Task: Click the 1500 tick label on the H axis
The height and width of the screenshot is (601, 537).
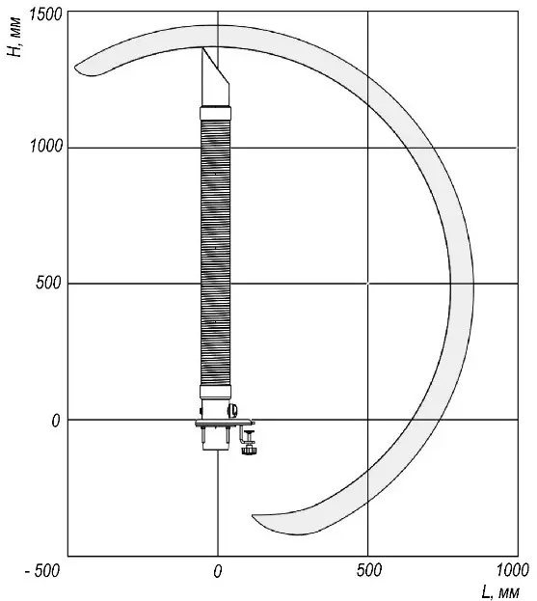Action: tap(45, 14)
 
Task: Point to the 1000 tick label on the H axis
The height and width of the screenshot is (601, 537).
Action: tap(45, 146)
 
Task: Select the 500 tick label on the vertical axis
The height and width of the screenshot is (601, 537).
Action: tap(48, 283)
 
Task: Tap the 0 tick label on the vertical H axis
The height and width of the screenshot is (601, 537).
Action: tap(56, 421)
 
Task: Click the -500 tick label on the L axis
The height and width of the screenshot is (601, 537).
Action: tap(42, 571)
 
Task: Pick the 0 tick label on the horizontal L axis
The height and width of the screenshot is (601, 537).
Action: tap(218, 571)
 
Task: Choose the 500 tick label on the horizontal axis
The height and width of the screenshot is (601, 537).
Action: tap(368, 570)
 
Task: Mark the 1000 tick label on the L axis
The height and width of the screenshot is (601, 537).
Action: tap(513, 570)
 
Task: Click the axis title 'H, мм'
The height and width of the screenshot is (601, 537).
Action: tap(14, 38)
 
